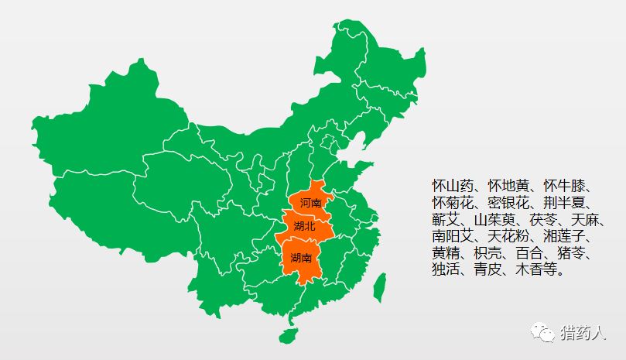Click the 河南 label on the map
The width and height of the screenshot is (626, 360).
pos(310,202)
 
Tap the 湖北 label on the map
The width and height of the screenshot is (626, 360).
pos(305,227)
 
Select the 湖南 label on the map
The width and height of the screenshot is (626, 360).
pos(301,258)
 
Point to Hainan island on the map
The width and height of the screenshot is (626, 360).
pos(289,334)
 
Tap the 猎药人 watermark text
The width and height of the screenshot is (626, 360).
pos(583,334)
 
